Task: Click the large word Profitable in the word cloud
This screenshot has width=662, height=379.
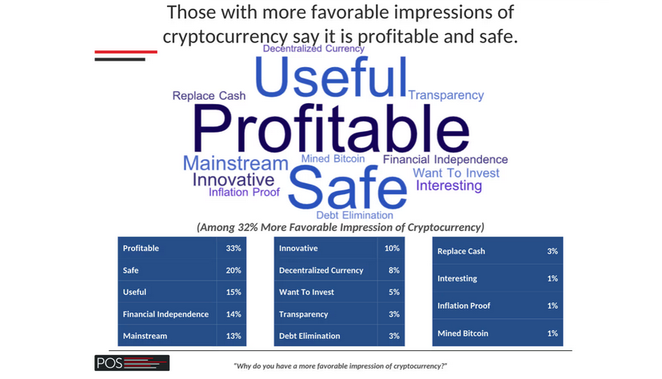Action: (x=331, y=128)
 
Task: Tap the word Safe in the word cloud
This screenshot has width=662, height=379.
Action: (x=348, y=187)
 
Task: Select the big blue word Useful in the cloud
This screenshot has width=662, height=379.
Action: (x=331, y=78)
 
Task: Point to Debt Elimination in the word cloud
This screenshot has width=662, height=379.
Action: (x=355, y=215)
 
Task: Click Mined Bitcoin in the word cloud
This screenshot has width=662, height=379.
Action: (x=333, y=158)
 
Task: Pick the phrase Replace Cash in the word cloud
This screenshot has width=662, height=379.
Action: (x=209, y=96)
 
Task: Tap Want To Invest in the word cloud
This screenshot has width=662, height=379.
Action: (x=456, y=173)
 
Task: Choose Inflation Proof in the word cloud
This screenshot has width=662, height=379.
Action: (x=244, y=193)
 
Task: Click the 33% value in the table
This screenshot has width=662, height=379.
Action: (x=233, y=248)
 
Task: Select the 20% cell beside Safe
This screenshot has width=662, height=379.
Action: (x=233, y=270)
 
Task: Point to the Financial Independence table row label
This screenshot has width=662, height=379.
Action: (x=165, y=314)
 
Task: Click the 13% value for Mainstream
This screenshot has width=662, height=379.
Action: (x=233, y=336)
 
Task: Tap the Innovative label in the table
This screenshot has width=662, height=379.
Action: (x=298, y=248)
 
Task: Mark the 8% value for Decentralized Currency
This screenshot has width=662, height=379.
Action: (x=394, y=270)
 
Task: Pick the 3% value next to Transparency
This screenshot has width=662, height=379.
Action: (x=394, y=314)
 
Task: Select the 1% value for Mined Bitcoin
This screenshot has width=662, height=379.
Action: (x=552, y=333)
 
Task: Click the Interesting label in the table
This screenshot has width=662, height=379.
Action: (x=457, y=278)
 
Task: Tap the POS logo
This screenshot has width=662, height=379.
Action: (x=132, y=363)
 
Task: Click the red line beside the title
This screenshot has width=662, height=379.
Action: (x=126, y=52)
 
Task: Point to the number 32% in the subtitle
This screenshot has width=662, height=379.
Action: (x=248, y=228)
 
